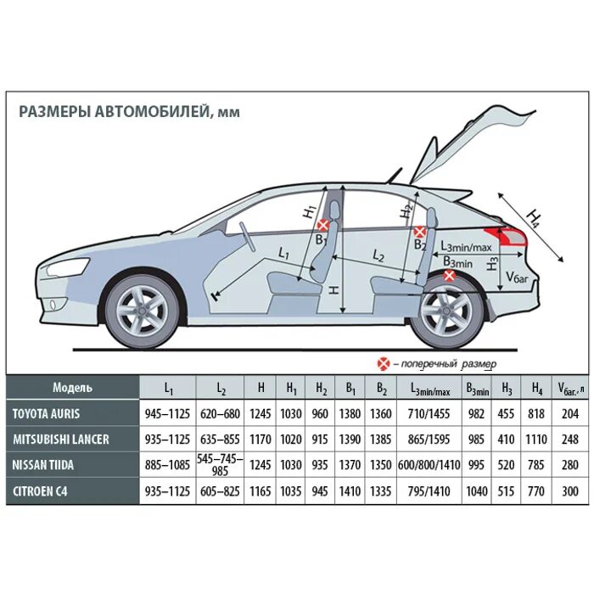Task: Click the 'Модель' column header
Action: coord(72,388)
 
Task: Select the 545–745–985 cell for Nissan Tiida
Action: coord(221,465)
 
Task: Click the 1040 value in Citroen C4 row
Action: coord(478,490)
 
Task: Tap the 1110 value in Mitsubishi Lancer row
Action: coord(536,440)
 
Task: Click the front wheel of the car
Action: coord(143,310)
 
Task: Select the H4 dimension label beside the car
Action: coord(533,218)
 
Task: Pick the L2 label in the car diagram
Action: coord(378,255)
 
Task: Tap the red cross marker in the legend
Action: coord(384,363)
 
